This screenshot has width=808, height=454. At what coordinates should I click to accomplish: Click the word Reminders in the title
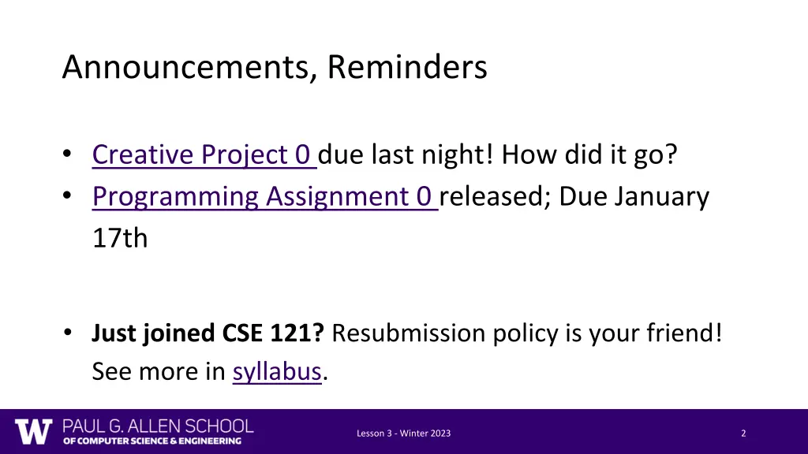pyautogui.click(x=407, y=68)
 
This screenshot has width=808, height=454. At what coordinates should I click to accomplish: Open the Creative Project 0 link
pyautogui.click(x=204, y=154)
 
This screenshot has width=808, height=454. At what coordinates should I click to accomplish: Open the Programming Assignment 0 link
pyautogui.click(x=264, y=196)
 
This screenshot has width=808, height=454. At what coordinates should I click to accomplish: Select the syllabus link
pyautogui.click(x=277, y=370)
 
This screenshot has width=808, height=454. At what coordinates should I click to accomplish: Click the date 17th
pyautogui.click(x=120, y=238)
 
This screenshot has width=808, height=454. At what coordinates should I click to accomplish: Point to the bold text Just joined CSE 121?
pyautogui.click(x=208, y=333)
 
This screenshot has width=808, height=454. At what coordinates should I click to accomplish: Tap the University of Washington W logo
pyautogui.click(x=33, y=431)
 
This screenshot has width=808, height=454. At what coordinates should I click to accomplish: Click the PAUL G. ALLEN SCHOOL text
pyautogui.click(x=158, y=426)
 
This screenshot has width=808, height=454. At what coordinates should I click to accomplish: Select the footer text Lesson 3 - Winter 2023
pyautogui.click(x=403, y=434)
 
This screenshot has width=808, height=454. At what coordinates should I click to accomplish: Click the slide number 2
pyautogui.click(x=743, y=434)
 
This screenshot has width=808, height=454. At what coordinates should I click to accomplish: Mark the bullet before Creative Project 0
pyautogui.click(x=69, y=154)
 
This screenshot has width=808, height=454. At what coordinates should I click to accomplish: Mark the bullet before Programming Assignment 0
pyautogui.click(x=69, y=196)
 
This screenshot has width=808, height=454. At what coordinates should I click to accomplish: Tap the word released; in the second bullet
pyautogui.click(x=496, y=196)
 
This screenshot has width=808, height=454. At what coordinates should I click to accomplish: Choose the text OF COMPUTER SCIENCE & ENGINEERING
pyautogui.click(x=152, y=441)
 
